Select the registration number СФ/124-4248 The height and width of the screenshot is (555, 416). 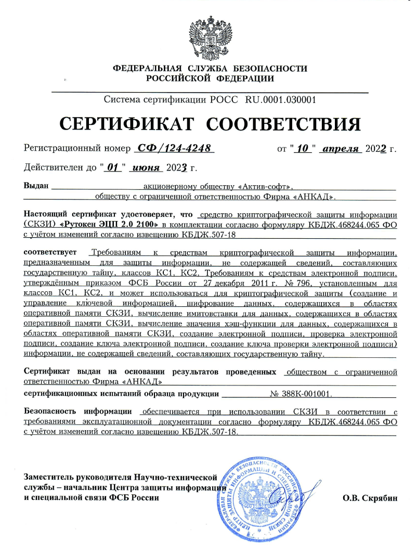(x=174, y=149)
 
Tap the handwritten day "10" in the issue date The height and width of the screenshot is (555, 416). (x=302, y=149)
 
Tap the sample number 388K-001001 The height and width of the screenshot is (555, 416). (x=305, y=394)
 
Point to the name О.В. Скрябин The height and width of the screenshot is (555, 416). (x=370, y=497)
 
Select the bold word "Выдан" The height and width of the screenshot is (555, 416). (x=36, y=185)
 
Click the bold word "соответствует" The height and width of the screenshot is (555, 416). (x=51, y=253)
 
